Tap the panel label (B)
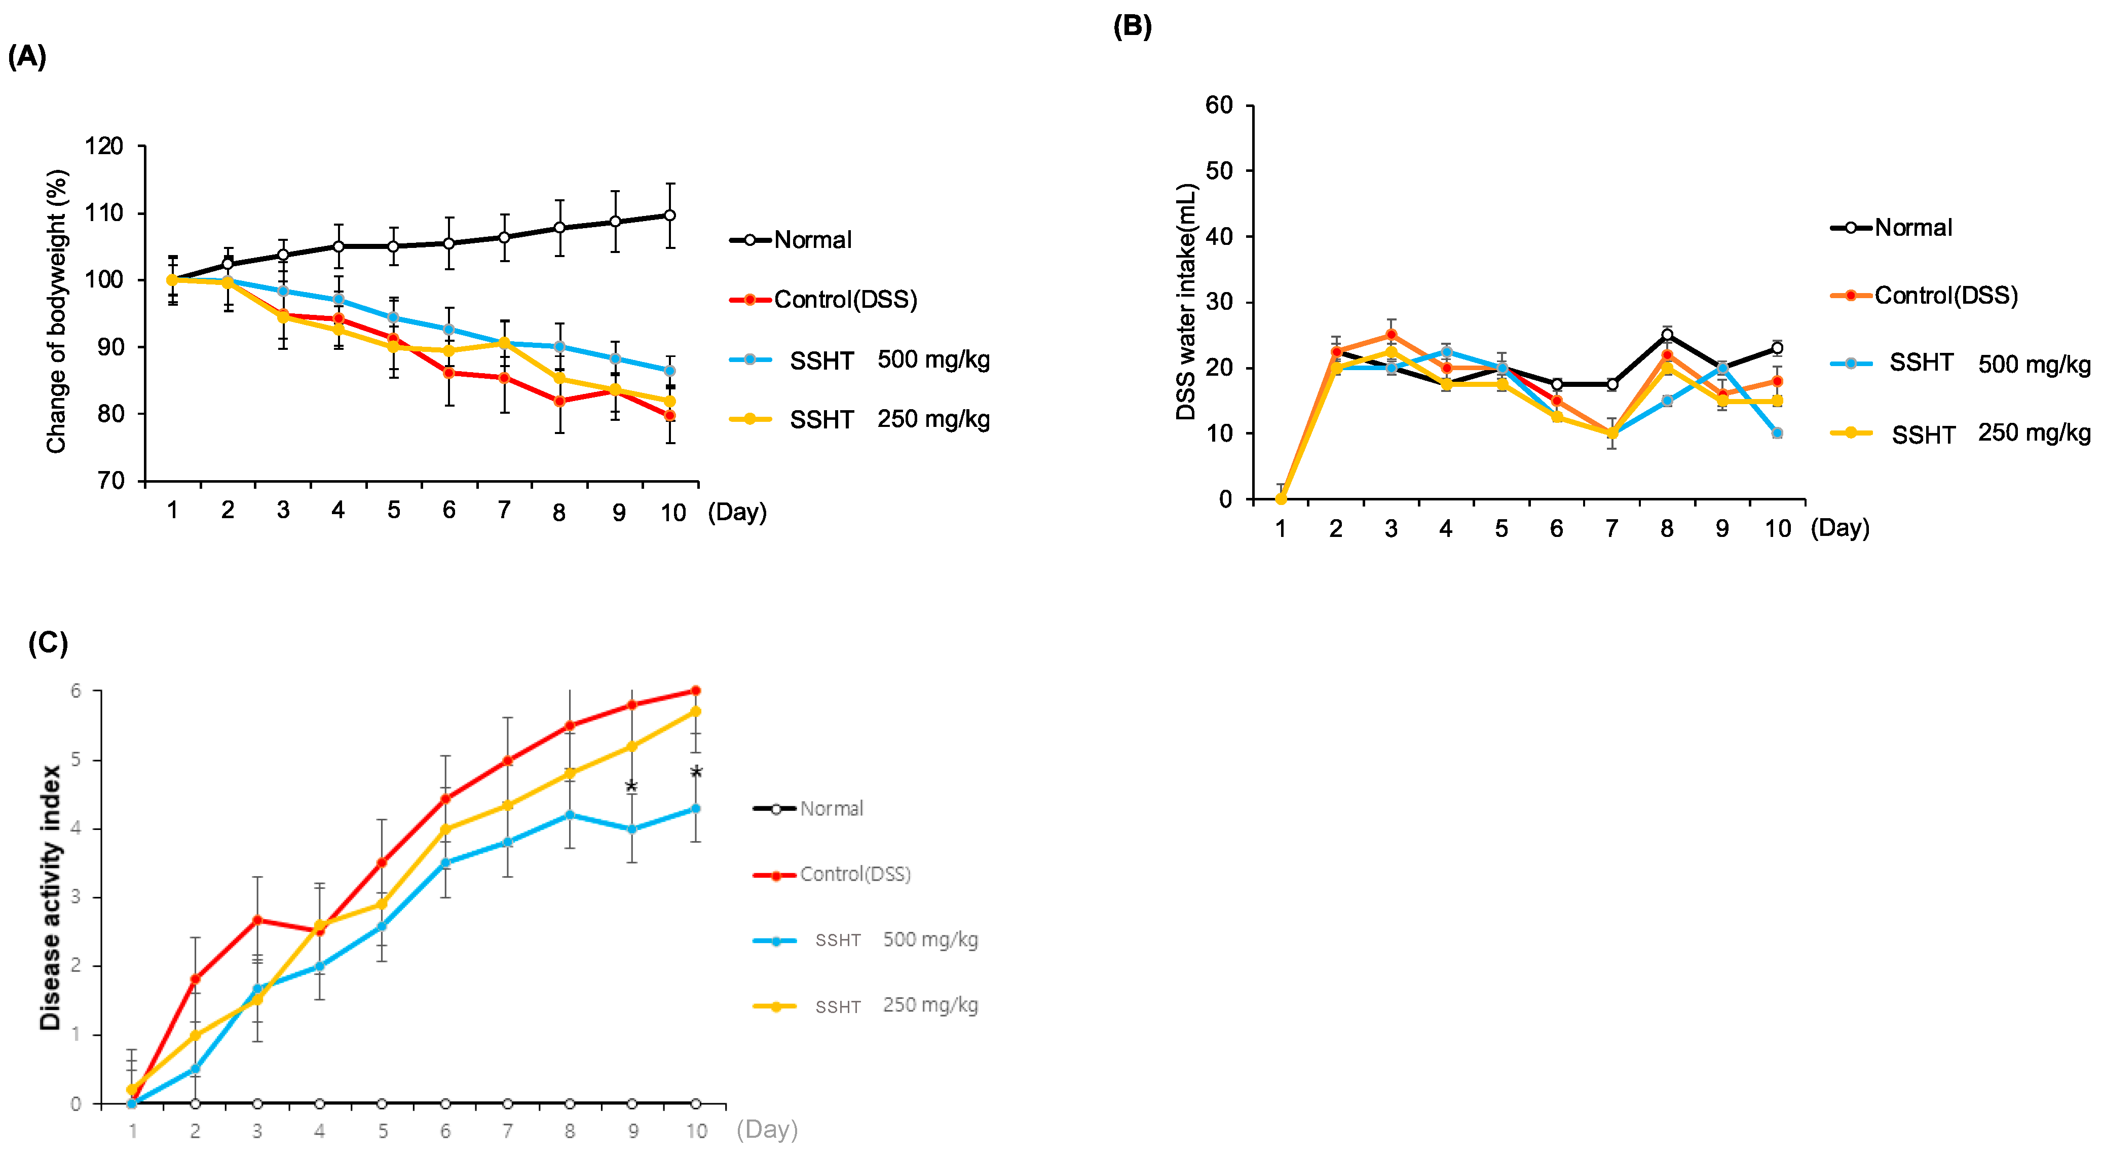coord(1133,26)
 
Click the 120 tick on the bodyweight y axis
coord(104,147)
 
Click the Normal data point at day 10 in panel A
coord(670,215)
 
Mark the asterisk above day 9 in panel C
coord(631,787)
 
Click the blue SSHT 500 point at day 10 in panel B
coord(1777,432)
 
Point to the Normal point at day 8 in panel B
coord(1667,335)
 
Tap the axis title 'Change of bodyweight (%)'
coord(55,311)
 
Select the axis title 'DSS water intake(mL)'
coord(1185,302)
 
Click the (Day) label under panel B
coord(1840,528)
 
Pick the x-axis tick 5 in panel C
coord(382,1131)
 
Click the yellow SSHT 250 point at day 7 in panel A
coord(504,343)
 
